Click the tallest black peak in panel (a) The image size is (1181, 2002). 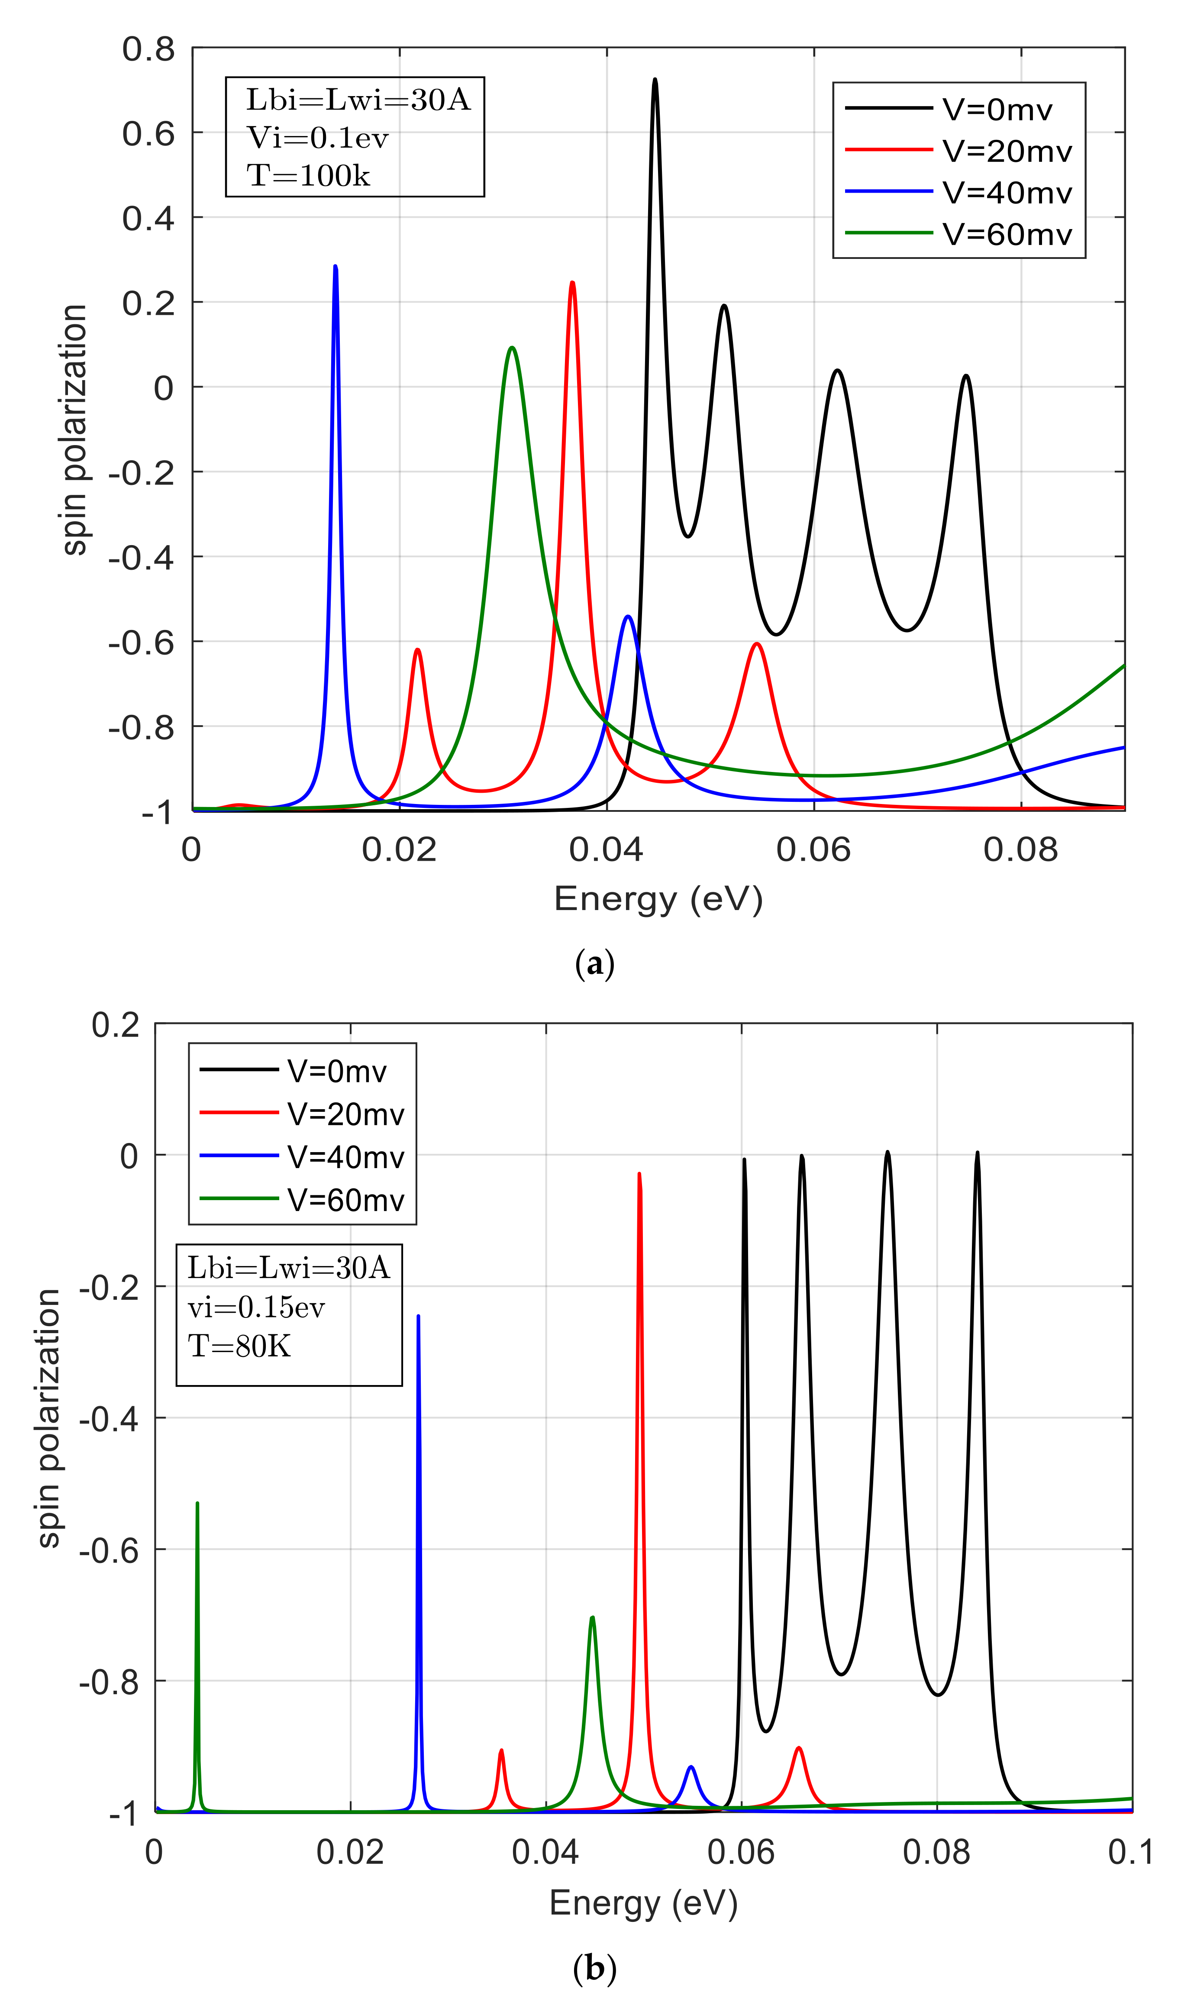[655, 80]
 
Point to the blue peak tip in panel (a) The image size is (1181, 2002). [335, 267]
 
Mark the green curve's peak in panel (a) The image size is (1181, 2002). [512, 348]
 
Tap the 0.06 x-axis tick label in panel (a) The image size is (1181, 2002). [813, 850]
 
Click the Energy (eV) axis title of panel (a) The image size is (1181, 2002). [658, 899]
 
